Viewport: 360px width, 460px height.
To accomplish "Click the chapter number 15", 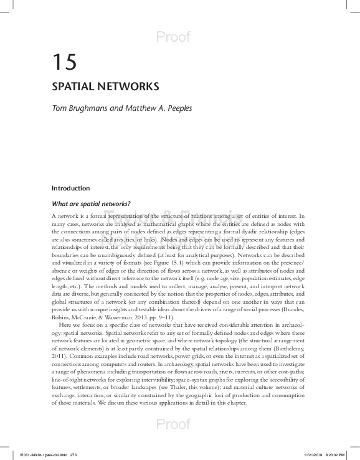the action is click(64, 62).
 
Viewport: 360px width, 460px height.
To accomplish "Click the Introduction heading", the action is click(70, 188).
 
